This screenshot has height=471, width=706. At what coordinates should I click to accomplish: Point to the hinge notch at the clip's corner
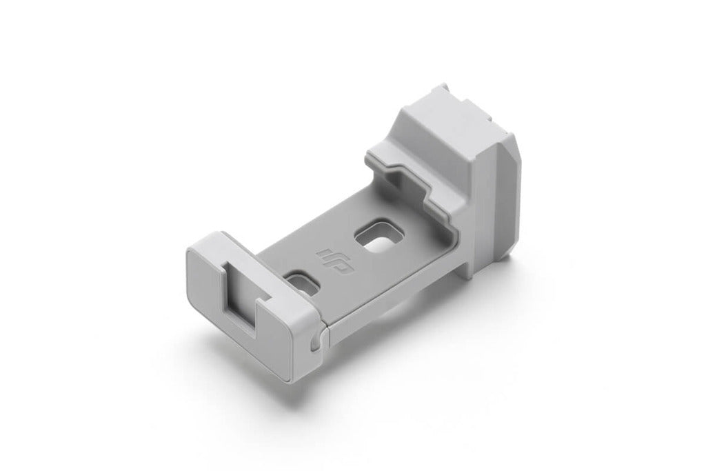tap(315, 341)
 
